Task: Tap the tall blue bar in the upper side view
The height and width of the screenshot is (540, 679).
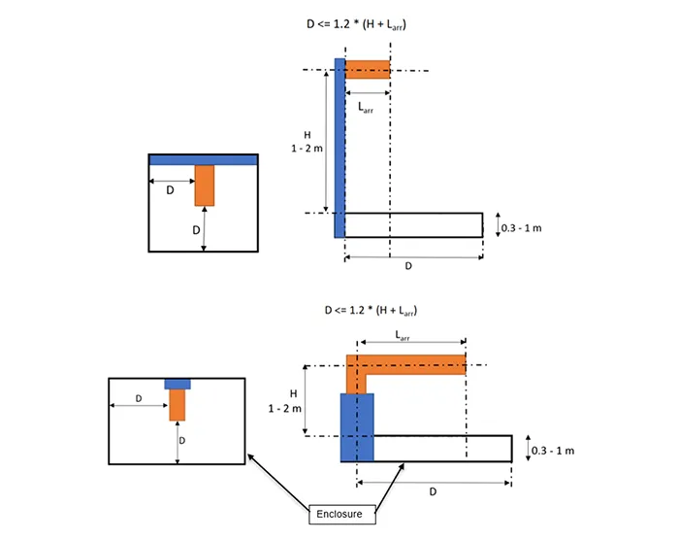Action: pyautogui.click(x=339, y=146)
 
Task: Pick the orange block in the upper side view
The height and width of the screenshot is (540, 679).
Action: pyautogui.click(x=368, y=69)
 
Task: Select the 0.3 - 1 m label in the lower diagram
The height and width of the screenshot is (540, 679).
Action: pyautogui.click(x=554, y=451)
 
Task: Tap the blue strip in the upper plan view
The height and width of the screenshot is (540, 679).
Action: pyautogui.click(x=202, y=159)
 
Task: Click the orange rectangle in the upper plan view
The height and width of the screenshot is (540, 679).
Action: pyautogui.click(x=204, y=185)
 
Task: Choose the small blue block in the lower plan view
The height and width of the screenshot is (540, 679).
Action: pyautogui.click(x=177, y=383)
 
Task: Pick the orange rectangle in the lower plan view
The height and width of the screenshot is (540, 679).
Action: pyautogui.click(x=177, y=405)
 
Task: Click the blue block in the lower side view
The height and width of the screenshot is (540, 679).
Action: pyautogui.click(x=356, y=427)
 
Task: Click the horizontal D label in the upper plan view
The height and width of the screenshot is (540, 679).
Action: pyautogui.click(x=170, y=191)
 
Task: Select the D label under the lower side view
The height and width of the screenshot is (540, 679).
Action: pyautogui.click(x=433, y=491)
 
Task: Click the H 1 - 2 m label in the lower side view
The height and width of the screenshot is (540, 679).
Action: pyautogui.click(x=290, y=400)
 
